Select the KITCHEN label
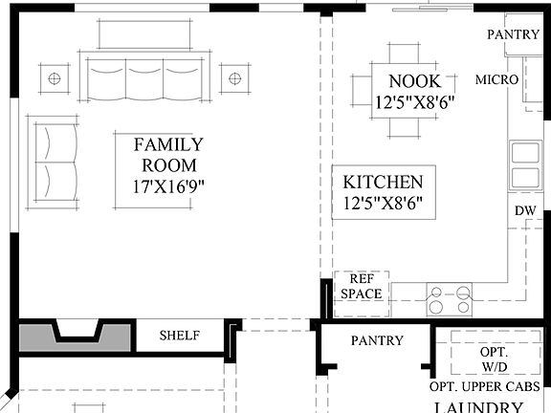[383, 182]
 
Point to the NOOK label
[413, 80]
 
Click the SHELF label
[179, 336]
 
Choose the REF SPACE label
[361, 286]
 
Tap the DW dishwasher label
[524, 210]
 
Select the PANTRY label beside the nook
[514, 34]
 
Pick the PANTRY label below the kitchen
[377, 340]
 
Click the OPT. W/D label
[494, 359]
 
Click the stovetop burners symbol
[449, 299]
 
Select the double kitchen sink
[524, 165]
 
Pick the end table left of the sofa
[55, 76]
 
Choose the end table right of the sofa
[233, 76]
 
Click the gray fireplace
[76, 337]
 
